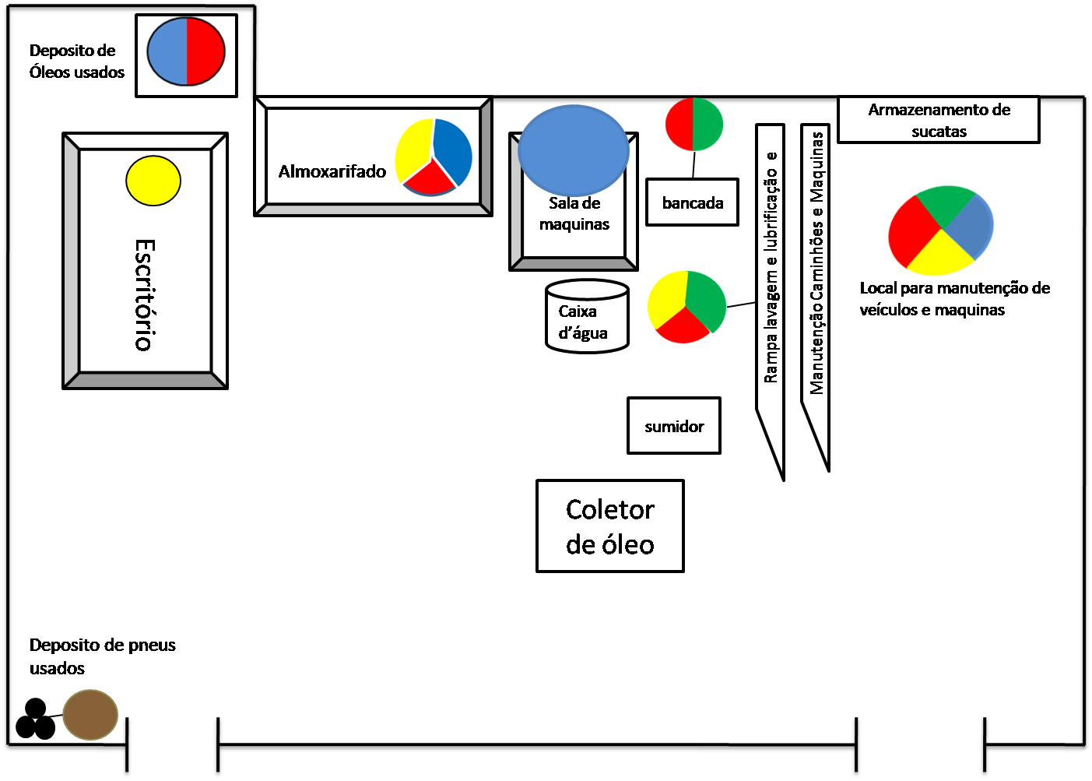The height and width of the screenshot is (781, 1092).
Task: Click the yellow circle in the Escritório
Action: (x=153, y=181)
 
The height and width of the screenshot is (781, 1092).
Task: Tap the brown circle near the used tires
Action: (x=90, y=714)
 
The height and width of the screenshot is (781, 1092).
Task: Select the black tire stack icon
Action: (x=36, y=720)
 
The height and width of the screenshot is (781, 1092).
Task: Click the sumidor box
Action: (x=674, y=426)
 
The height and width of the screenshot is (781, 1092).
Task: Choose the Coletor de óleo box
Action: (x=609, y=526)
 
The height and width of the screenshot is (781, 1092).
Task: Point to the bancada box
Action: (x=692, y=202)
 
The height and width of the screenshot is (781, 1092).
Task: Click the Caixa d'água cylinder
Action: (x=587, y=317)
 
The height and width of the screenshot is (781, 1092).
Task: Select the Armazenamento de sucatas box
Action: (x=939, y=120)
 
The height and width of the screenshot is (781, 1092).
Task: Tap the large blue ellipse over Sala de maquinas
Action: (x=574, y=149)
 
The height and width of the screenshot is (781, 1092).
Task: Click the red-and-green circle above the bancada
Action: (x=693, y=125)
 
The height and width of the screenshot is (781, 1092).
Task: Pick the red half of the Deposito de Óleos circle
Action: (x=205, y=51)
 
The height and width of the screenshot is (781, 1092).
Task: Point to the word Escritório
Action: (x=145, y=295)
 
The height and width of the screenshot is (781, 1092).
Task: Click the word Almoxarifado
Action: (x=332, y=171)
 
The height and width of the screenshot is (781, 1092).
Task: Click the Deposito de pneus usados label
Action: (x=102, y=656)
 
